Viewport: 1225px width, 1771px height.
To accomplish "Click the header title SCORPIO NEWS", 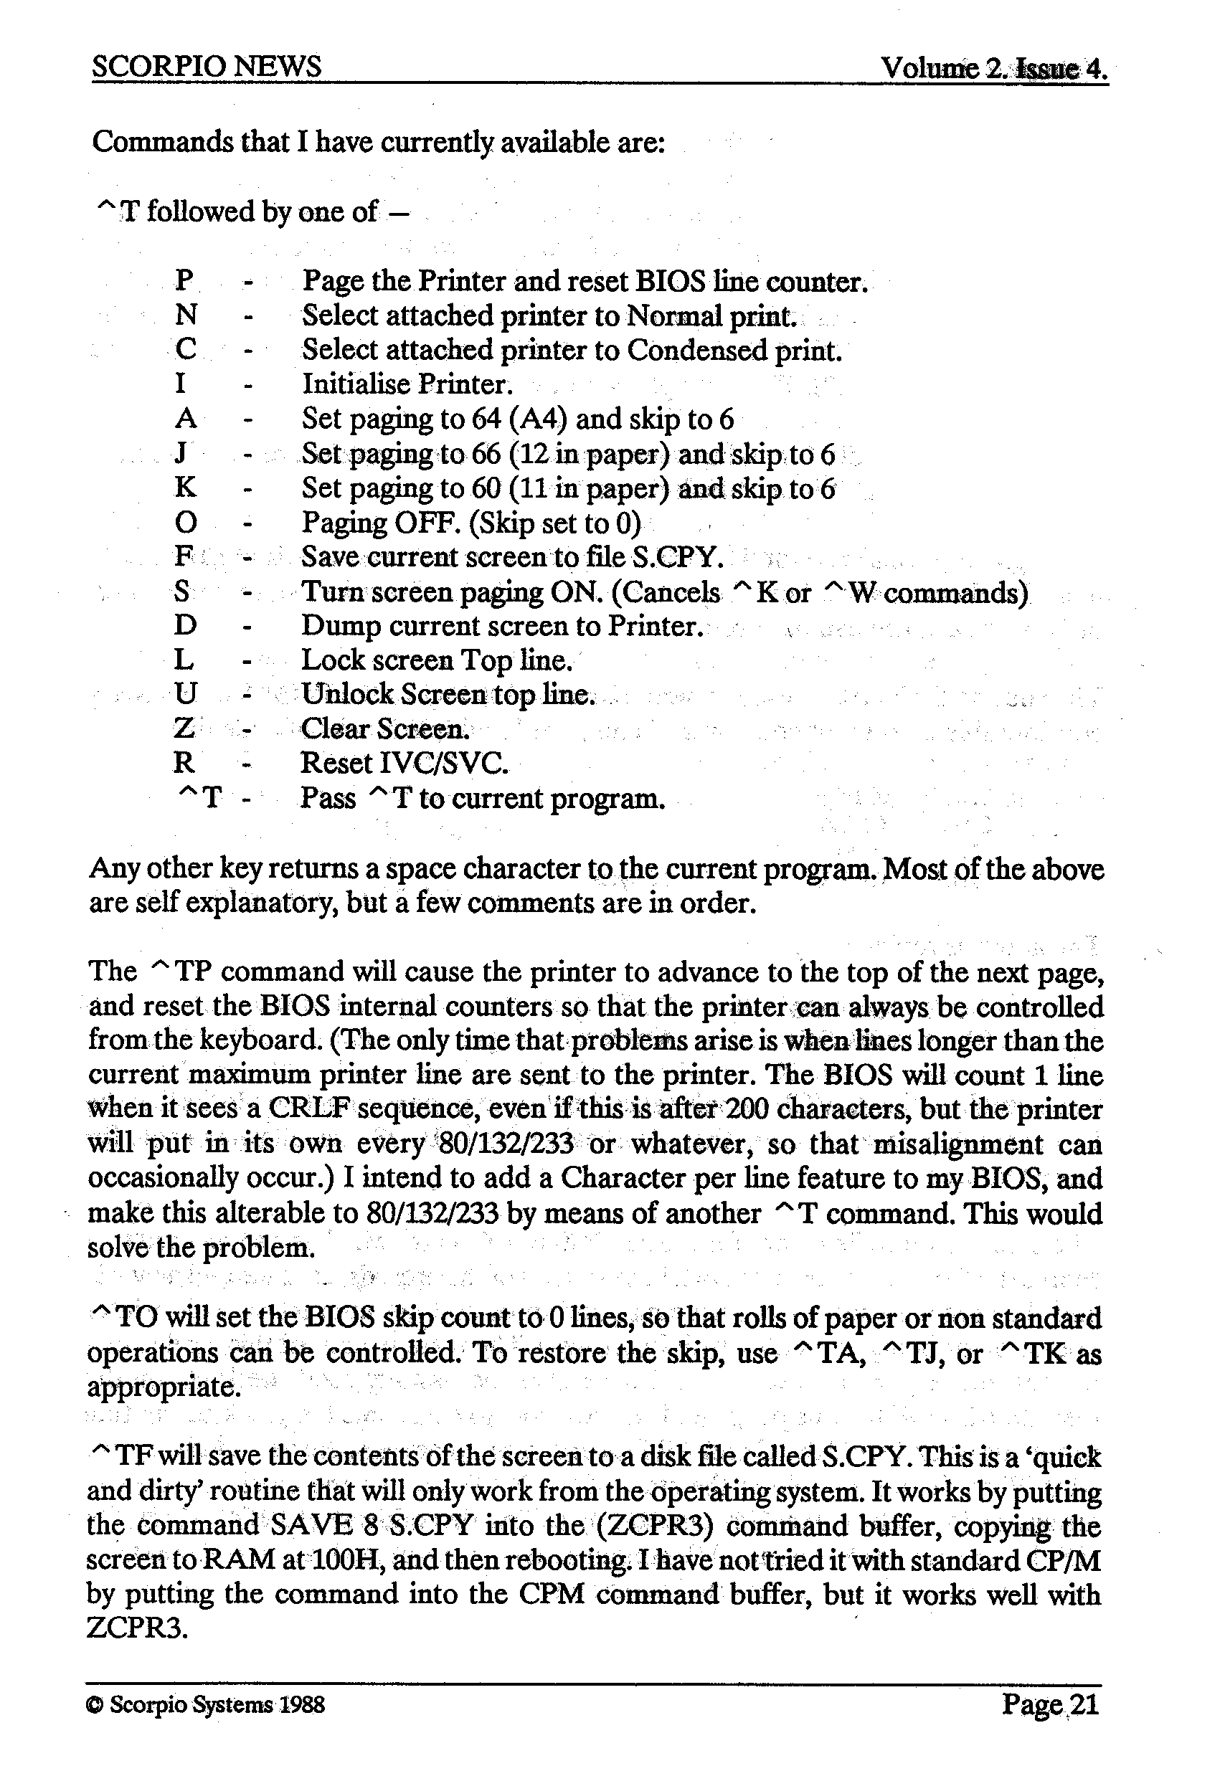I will point(206,67).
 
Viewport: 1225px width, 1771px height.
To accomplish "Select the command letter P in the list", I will point(184,281).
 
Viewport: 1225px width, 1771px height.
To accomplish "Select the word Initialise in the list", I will point(356,384).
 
